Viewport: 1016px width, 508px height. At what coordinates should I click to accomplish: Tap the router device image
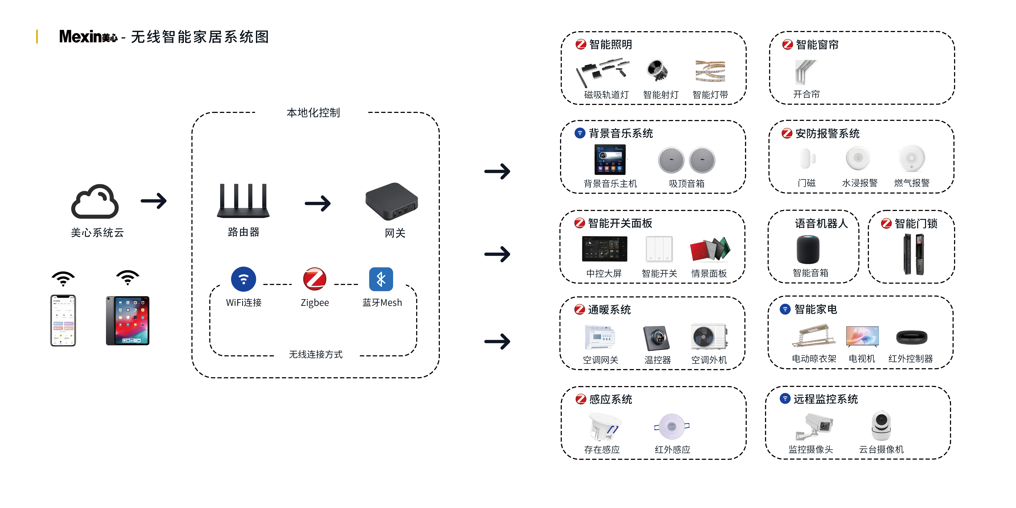pos(243,201)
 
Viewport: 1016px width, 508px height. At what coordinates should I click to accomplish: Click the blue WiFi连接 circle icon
pos(243,279)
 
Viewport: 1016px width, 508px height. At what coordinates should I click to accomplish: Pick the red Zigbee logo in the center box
pos(314,279)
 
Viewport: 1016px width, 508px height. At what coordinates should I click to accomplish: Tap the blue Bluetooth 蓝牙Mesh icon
pos(381,279)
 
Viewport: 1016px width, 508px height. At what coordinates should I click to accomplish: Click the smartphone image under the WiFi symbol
pos(63,320)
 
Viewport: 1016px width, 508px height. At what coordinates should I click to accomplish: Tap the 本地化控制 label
pos(313,113)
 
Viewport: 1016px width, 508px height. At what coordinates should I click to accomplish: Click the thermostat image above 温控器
pos(657,338)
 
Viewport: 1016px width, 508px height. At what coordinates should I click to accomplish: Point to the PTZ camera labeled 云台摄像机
pos(881,425)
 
